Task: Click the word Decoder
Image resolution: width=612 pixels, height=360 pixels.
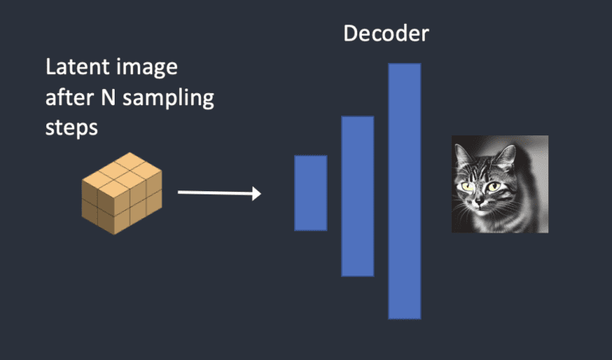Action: pyautogui.click(x=386, y=34)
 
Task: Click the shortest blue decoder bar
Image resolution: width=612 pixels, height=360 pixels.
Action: pyautogui.click(x=310, y=193)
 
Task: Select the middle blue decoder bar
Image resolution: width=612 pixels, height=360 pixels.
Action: pyautogui.click(x=357, y=196)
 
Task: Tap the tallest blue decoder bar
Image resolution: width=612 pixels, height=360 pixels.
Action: pyautogui.click(x=404, y=191)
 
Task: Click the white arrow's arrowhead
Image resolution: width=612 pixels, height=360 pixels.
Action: pyautogui.click(x=257, y=194)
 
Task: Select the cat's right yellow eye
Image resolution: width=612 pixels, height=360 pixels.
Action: pyautogui.click(x=496, y=187)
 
